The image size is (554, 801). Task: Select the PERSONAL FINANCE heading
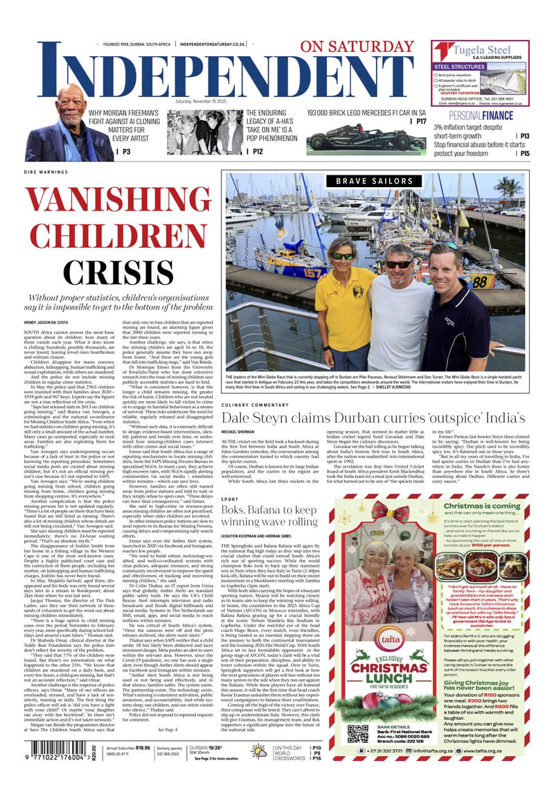click(x=464, y=115)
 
